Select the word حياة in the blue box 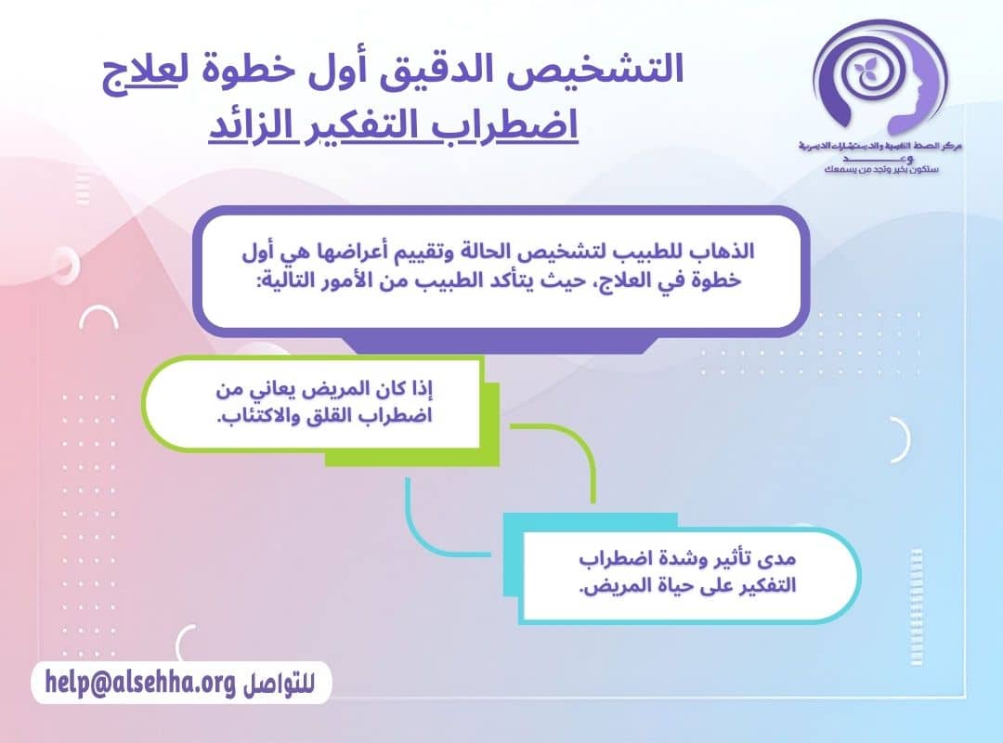coord(663,587)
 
